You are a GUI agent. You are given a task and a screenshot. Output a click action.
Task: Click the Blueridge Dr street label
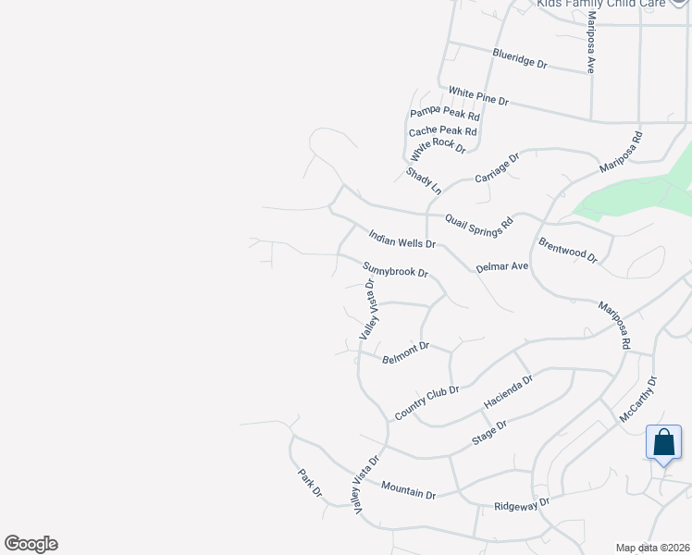pyautogui.click(x=520, y=59)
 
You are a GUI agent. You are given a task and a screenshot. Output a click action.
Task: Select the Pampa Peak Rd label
pyautogui.click(x=445, y=115)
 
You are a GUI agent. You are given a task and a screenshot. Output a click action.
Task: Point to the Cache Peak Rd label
pyautogui.click(x=442, y=131)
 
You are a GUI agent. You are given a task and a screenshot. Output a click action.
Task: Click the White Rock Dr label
pyautogui.click(x=439, y=148)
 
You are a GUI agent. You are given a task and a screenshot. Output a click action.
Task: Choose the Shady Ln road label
pyautogui.click(x=424, y=180)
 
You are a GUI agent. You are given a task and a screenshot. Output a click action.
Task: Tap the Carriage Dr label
pyautogui.click(x=498, y=167)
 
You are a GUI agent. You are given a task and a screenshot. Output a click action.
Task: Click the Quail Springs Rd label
pyautogui.click(x=478, y=223)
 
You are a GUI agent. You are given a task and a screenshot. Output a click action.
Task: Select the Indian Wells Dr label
pyautogui.click(x=402, y=240)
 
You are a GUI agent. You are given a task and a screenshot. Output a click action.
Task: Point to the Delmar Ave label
pyautogui.click(x=501, y=266)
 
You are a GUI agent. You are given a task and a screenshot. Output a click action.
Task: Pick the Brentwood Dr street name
pyautogui.click(x=568, y=251)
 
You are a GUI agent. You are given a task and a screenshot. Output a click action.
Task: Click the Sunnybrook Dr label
pyautogui.click(x=395, y=270)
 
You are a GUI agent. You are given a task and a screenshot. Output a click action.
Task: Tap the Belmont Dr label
pyautogui.click(x=405, y=352)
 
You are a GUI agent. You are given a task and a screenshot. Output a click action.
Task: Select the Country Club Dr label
pyautogui.click(x=426, y=402)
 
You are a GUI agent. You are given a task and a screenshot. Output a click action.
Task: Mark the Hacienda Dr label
pyautogui.click(x=509, y=393)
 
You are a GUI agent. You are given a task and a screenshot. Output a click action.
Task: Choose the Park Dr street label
pyautogui.click(x=309, y=483)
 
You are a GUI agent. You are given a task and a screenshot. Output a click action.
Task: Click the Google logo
pyautogui.click(x=31, y=544)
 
